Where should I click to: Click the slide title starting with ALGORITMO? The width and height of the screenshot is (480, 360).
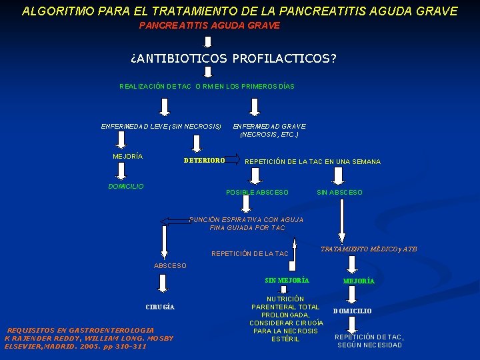click(239, 11)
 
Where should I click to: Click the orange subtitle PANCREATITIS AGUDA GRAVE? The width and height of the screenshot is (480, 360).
click(209, 25)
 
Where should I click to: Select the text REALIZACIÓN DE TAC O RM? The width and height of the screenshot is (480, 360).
click(207, 87)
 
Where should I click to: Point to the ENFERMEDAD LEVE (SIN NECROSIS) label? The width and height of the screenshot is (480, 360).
click(161, 126)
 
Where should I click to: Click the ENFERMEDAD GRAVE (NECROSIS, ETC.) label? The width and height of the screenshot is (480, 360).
click(269, 130)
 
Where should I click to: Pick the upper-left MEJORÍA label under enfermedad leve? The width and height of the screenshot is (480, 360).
click(127, 157)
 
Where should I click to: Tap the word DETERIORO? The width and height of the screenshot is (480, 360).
click(204, 161)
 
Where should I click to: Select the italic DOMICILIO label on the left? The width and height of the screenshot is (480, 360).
click(126, 187)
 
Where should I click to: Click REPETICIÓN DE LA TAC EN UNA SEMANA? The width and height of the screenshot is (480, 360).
click(313, 162)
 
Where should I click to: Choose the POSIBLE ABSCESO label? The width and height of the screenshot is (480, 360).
click(257, 193)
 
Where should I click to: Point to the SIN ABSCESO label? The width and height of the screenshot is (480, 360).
click(339, 193)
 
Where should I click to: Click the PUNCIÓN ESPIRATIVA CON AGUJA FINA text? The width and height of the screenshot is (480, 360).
click(247, 223)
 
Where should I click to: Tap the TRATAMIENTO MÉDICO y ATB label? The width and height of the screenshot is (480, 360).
click(369, 249)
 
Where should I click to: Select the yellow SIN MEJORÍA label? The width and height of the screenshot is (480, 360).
click(283, 280)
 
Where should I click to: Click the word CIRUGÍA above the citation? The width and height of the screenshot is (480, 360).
click(160, 307)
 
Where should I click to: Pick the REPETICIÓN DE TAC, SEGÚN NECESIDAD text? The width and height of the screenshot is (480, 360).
click(368, 341)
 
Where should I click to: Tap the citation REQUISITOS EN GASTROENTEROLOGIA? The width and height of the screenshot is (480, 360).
click(89, 338)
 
